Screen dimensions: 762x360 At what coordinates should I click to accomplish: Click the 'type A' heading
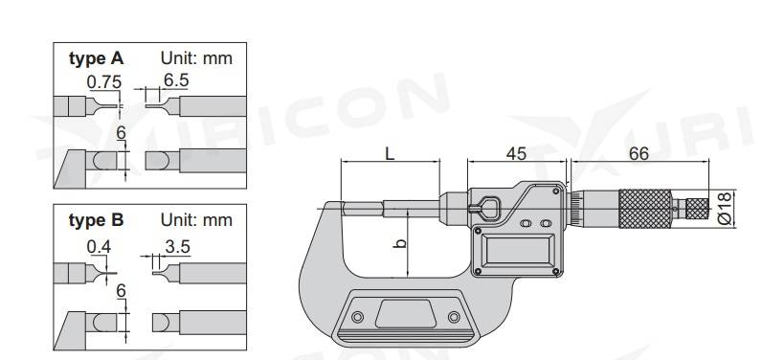click(x=97, y=58)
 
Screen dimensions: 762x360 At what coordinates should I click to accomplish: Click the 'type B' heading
click(x=97, y=220)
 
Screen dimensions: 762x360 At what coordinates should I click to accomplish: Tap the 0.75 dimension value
click(x=104, y=82)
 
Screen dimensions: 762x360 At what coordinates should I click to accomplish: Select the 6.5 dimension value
click(x=176, y=80)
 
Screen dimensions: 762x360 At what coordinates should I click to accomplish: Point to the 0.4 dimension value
click(x=99, y=247)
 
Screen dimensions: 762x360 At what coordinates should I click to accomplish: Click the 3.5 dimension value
click(x=177, y=246)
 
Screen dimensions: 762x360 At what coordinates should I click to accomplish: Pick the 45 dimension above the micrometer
click(x=516, y=153)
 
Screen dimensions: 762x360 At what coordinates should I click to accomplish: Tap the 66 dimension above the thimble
click(x=639, y=153)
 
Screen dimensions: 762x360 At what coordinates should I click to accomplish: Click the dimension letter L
click(x=390, y=153)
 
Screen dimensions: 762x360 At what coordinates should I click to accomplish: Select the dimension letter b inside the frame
click(x=400, y=241)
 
